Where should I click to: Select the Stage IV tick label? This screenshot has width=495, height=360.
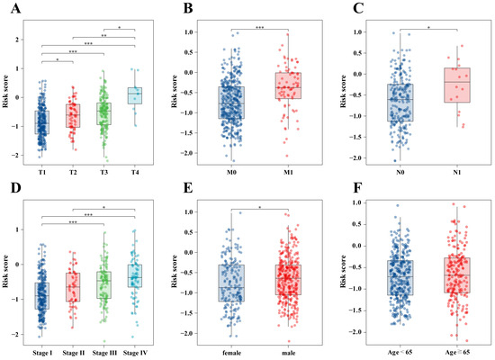coord(134,348)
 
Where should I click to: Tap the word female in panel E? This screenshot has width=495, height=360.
coord(231,348)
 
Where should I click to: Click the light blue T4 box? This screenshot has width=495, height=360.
coord(134,94)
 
